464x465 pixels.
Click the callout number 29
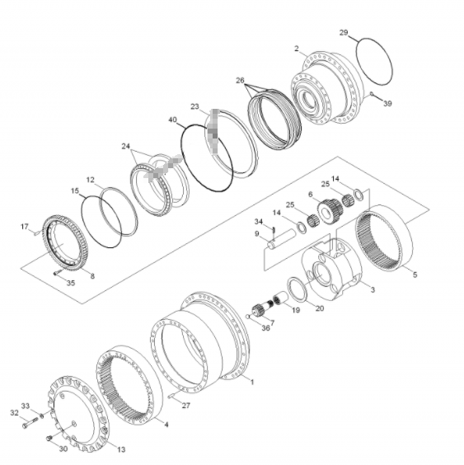pos(344,32)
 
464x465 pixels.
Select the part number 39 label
pos(387,104)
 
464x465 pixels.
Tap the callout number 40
pos(172,120)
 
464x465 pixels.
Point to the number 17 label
pos(25,227)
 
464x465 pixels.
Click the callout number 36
pos(266,328)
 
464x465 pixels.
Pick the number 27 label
pos(186,405)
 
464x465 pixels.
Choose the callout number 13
pos(121,449)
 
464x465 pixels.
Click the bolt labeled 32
pos(30,423)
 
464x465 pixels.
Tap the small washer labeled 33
pos(42,416)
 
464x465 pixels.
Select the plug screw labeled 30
pos(49,438)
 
